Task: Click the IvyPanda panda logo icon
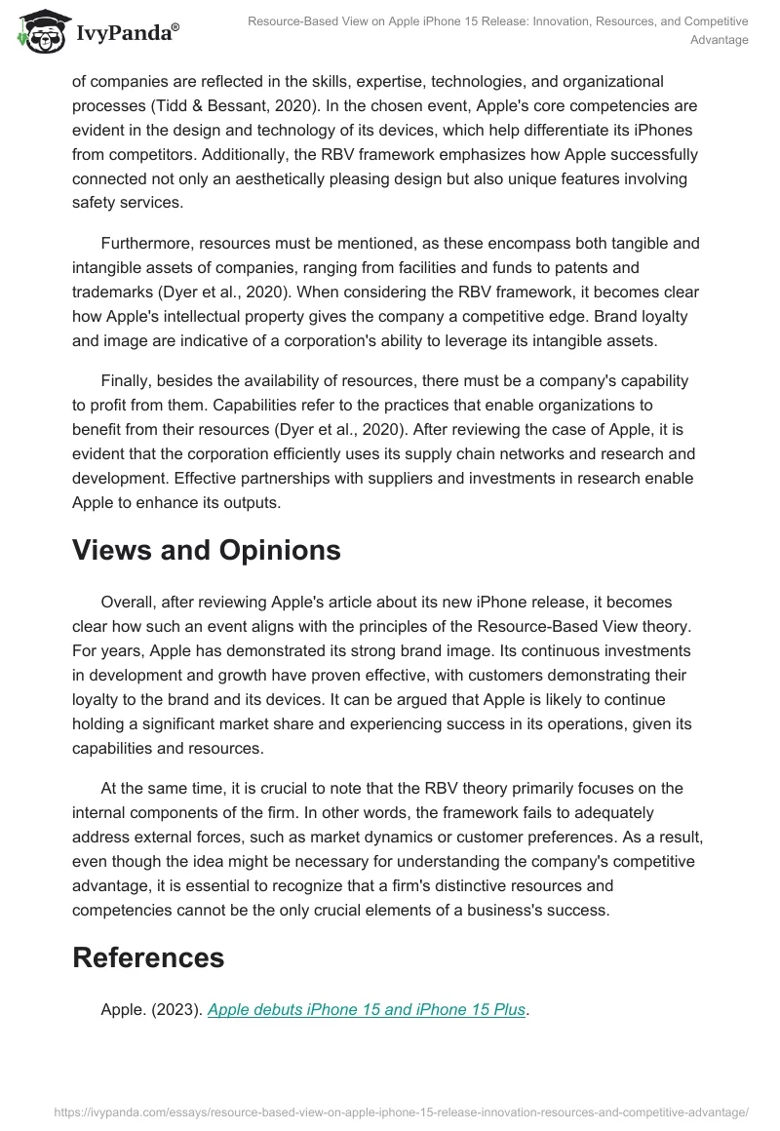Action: pos(36,30)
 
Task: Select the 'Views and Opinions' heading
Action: pos(206,550)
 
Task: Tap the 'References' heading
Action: pos(148,957)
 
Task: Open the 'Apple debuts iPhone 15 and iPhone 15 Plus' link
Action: pos(367,1009)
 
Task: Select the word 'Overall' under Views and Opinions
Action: pos(129,602)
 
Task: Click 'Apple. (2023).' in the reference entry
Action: pos(151,1009)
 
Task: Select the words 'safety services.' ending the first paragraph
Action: pos(127,204)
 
